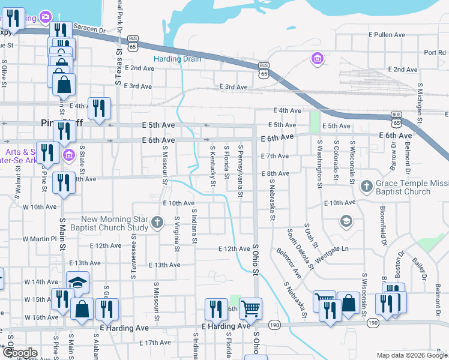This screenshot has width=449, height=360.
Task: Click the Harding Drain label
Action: coord(177,59)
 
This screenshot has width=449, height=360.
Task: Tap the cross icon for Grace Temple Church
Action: coord(366,187)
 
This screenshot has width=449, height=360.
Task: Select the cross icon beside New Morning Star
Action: coord(157,223)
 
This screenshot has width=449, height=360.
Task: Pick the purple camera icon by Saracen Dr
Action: coord(45,17)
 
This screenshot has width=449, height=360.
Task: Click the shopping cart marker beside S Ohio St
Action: coord(251,308)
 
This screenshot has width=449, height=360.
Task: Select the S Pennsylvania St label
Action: coord(241,170)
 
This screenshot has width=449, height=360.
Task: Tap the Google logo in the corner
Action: coord(19,353)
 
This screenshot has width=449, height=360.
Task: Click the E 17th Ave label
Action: coord(154,343)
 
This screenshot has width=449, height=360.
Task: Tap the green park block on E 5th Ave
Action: coord(315,122)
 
